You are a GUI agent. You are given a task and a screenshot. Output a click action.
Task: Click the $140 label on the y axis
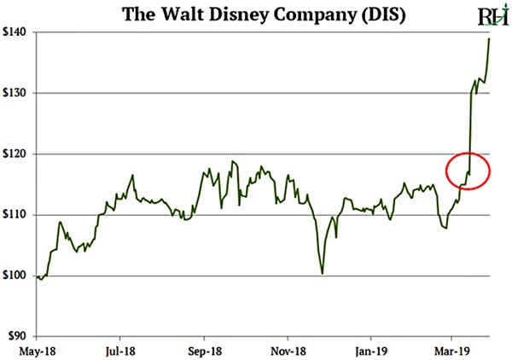16,32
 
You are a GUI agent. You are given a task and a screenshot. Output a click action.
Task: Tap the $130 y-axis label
16,93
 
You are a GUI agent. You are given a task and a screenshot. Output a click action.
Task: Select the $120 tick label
16,154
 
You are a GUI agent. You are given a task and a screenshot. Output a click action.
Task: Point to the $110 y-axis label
16,215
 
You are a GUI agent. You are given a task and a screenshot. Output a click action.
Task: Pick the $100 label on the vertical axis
16,276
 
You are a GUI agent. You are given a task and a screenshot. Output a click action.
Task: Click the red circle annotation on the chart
467,171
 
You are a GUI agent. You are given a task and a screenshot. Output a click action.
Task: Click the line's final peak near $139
489,38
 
